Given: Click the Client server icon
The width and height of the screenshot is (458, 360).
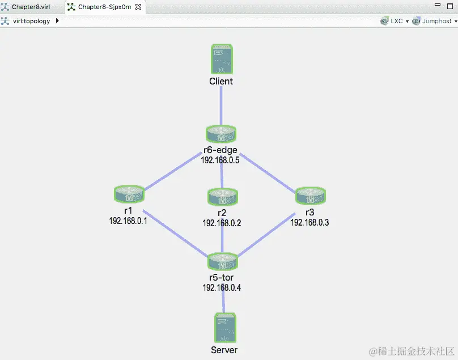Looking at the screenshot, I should point(222,59).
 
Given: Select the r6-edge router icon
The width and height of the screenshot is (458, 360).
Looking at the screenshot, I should point(221,134).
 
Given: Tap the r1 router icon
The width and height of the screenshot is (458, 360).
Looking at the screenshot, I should point(129,194).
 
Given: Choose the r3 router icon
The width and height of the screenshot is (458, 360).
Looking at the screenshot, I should point(311,196).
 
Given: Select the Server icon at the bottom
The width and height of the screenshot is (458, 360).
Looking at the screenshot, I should point(224,328).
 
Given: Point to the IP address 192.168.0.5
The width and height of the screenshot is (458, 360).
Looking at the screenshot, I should point(221,160).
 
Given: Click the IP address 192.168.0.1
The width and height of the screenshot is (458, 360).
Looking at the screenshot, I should point(128,221).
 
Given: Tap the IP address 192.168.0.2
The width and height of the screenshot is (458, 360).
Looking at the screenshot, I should point(222,223).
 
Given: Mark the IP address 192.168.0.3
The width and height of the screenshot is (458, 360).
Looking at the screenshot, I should point(309,223).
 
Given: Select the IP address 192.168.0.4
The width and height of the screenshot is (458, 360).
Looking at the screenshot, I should point(222,287).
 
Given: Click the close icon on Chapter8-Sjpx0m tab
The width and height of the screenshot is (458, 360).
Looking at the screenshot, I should point(138,7).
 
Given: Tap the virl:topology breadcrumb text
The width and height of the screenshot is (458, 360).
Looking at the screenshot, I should point(31,21).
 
